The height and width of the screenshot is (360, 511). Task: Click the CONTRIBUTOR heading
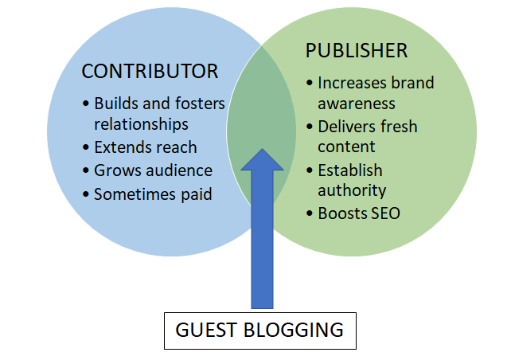tap(150, 72)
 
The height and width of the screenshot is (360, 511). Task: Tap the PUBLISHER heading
tap(357, 51)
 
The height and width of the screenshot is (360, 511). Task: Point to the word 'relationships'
tap(141, 124)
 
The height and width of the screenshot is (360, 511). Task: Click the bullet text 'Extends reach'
tap(145, 147)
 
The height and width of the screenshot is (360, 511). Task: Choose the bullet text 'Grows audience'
tap(153, 170)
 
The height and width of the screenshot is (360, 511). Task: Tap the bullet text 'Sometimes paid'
tap(153, 194)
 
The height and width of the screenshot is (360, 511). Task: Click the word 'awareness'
tap(357, 104)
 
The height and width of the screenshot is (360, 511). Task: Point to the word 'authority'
tap(352, 190)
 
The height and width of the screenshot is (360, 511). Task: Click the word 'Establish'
tap(350, 170)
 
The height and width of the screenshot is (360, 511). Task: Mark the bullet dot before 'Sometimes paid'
tap(85, 194)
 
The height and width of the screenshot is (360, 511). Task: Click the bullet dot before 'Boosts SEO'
tap(310, 213)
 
